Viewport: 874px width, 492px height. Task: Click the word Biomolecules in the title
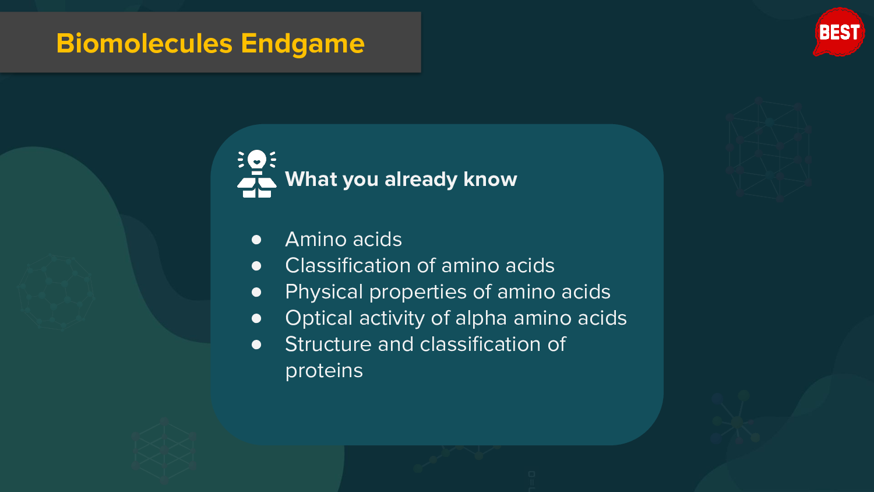coord(145,43)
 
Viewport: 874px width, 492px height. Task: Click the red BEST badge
coord(839,32)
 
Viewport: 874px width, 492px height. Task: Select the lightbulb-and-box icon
coord(257,174)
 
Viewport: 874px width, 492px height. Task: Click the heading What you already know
coord(401,180)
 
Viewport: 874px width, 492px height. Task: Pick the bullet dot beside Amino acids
coord(256,240)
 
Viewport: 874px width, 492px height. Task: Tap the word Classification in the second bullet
coord(348,265)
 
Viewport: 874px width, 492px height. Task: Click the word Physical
coord(324,292)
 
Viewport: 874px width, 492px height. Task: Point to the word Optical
coord(319,318)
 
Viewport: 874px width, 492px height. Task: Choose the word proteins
coord(324,371)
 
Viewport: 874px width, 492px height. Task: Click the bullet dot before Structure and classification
coord(256,345)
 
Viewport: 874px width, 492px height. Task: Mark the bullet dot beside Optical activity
coord(256,318)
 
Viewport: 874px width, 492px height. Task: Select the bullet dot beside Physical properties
coord(256,292)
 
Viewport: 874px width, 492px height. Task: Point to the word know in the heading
coord(491,179)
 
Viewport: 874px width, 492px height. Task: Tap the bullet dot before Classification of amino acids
coord(256,266)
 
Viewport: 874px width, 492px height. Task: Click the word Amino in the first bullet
coord(316,239)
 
